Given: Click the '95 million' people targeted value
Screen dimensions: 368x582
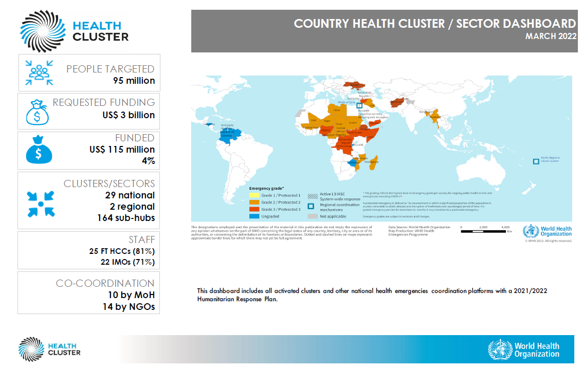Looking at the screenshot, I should [x=134, y=81].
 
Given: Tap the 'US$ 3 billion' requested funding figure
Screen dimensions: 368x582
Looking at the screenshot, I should [x=128, y=115].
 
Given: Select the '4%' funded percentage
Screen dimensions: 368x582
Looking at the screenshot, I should [x=148, y=161].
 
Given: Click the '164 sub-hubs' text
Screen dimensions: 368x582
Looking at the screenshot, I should [x=126, y=218].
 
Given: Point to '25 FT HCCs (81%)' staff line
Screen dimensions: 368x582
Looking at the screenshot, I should [x=122, y=251].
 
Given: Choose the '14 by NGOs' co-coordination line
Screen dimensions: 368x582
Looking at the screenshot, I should [x=128, y=307].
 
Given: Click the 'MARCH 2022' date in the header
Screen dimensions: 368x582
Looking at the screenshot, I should [x=551, y=36].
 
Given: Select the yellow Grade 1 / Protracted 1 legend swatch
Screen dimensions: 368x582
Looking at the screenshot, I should [x=254, y=196].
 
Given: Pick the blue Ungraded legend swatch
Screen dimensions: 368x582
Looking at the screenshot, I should [x=254, y=216].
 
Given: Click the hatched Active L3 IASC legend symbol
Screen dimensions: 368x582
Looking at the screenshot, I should [x=312, y=196].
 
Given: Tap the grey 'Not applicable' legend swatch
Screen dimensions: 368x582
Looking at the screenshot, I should [x=312, y=216].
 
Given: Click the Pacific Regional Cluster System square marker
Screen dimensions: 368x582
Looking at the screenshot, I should [x=536, y=161].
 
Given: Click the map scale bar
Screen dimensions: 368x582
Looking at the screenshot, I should [x=483, y=231].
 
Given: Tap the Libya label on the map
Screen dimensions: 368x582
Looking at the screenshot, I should [x=337, y=110].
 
